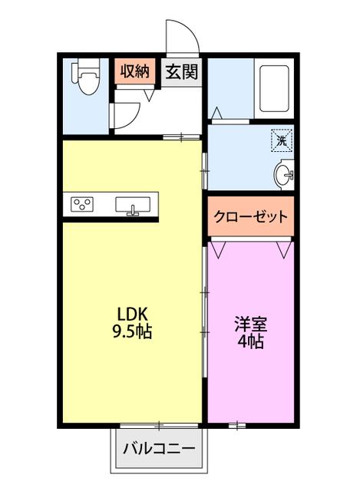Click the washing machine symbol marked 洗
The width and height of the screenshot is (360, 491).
pos(281,140)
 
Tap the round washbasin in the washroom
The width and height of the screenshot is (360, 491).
pos(284,176)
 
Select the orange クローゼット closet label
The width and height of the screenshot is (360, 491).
pos(251,216)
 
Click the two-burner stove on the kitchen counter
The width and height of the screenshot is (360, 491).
pos(83,205)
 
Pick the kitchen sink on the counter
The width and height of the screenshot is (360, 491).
pos(133,205)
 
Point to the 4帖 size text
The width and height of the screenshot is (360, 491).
pos(251,342)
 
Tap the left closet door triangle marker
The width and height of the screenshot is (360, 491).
pos(219,249)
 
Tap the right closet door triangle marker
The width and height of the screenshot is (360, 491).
pos(284,249)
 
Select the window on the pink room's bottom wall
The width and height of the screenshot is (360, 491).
pos(236,424)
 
